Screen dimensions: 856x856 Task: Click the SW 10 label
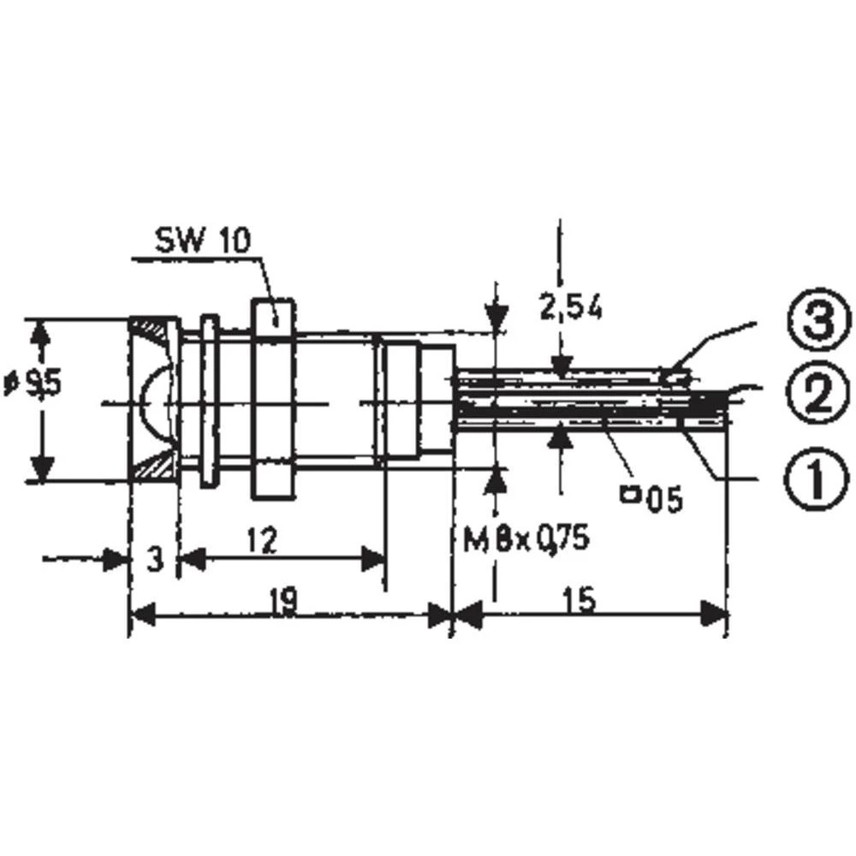click(203, 241)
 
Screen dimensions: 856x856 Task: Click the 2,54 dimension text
click(569, 307)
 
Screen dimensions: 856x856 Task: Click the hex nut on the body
click(273, 399)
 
